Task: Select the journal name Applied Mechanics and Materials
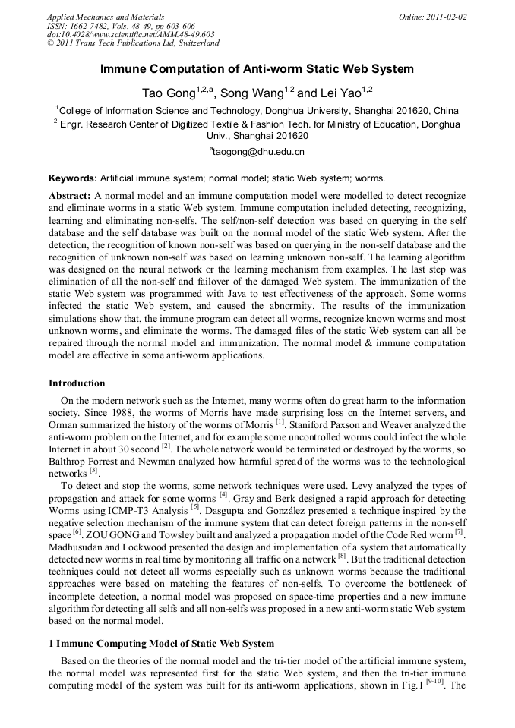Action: pos(106,17)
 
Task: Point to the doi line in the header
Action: pos(131,35)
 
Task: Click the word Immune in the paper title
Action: pos(122,69)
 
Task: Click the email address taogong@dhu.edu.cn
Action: pos(258,151)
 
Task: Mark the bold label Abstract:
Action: pos(70,195)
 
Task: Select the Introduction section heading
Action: pos(77,383)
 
